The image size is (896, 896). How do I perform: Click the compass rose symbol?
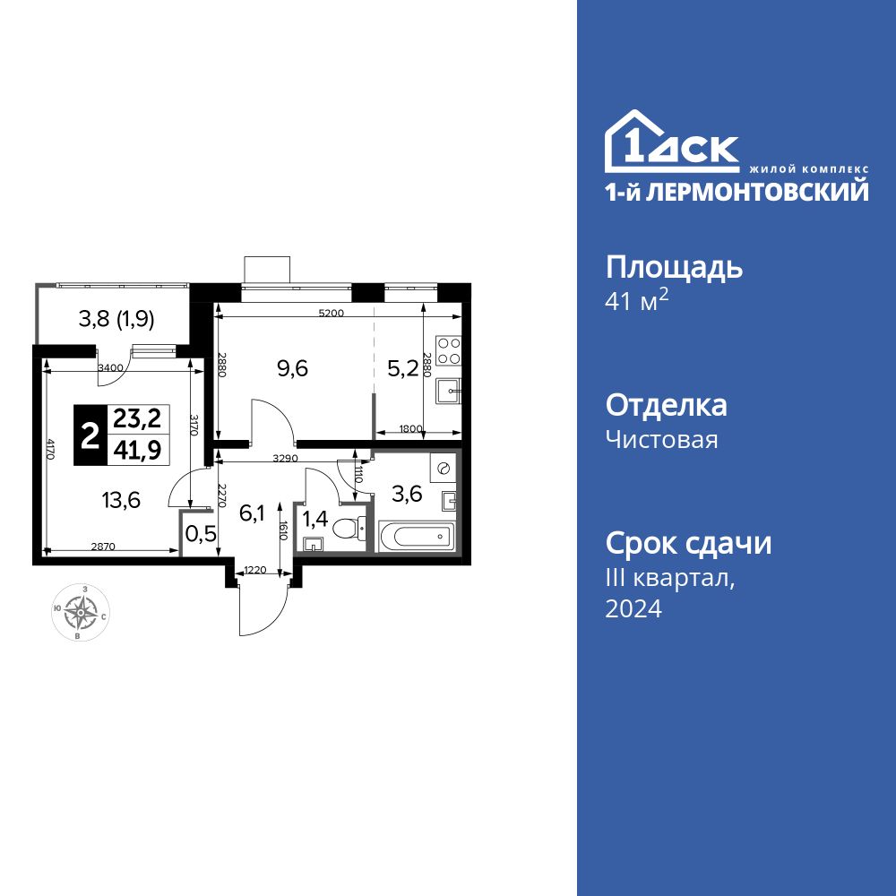(x=82, y=613)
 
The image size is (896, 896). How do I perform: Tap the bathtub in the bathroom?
(x=416, y=538)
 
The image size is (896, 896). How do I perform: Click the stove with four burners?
(x=447, y=350)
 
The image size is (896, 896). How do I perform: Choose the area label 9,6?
(x=292, y=367)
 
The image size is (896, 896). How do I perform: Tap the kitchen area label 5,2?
(x=402, y=367)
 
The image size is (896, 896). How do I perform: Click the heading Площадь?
(x=675, y=267)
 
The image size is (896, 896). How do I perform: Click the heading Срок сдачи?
(x=688, y=543)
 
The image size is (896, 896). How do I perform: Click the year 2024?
(x=633, y=609)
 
